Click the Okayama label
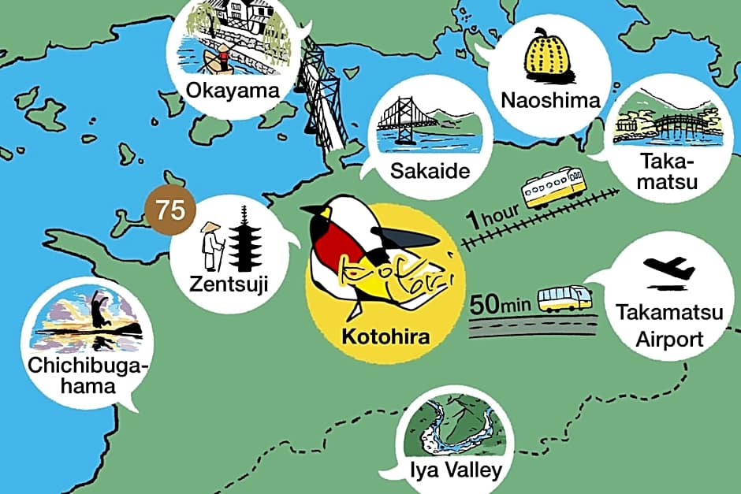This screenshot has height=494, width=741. point(233,91)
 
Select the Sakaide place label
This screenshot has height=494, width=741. point(430,172)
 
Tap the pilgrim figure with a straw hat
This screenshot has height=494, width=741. point(212,244)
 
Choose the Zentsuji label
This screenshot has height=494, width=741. point(229,283)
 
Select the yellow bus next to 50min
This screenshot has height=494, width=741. point(564,299)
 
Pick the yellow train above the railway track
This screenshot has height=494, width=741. point(555,188)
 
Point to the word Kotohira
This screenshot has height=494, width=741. point(385,339)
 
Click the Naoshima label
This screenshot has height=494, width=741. point(550,100)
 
